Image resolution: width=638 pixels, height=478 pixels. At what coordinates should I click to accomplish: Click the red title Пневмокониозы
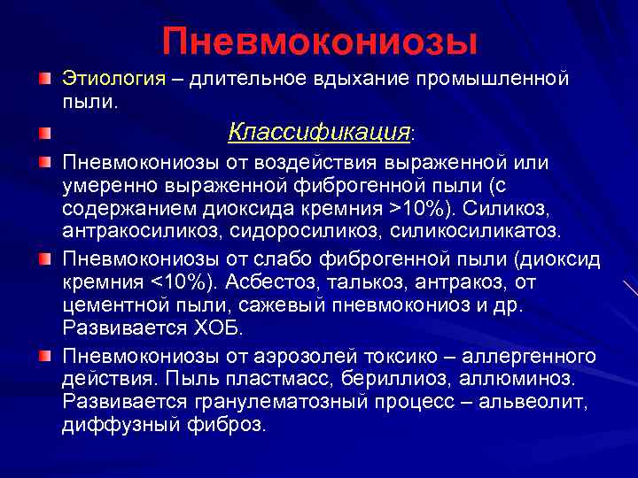click(x=319, y=41)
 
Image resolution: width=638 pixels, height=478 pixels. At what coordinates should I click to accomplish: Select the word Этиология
click(x=113, y=80)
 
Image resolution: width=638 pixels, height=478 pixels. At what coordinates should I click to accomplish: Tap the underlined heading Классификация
click(x=319, y=133)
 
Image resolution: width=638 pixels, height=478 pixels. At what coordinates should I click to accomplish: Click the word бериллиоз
click(x=383, y=379)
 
